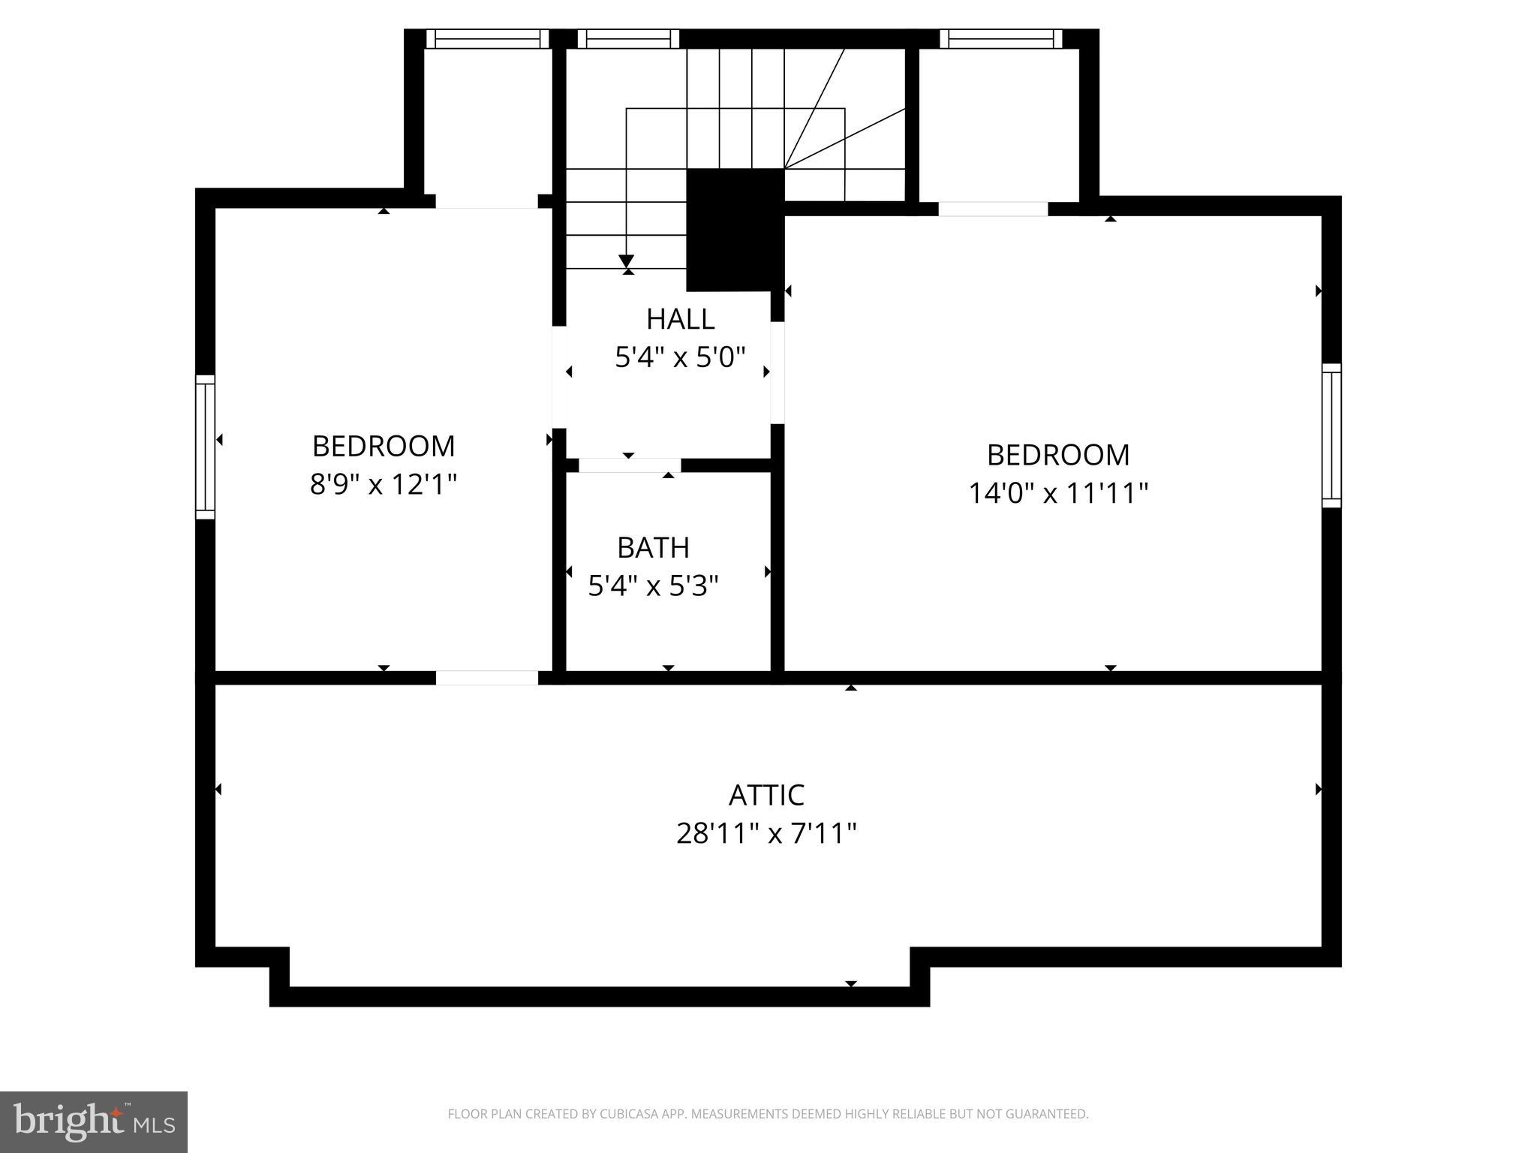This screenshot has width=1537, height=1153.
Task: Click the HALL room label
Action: pos(680,319)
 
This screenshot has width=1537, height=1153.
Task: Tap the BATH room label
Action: pos(653,548)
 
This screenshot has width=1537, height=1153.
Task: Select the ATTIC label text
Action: pos(766,795)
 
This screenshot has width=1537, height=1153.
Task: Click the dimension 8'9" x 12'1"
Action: pos(383,484)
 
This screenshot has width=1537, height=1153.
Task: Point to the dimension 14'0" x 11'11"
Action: pos(1058,493)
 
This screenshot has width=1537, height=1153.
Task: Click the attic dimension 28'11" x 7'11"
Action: pos(766,833)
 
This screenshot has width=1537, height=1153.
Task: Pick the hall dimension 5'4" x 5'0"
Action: pos(680,357)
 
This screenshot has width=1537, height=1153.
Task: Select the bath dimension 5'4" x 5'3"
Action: pos(653,586)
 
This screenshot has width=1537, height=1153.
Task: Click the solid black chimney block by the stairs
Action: pos(735,229)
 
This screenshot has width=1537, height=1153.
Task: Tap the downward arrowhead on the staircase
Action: pos(627,261)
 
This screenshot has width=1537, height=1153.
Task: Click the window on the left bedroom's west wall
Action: pos(205,447)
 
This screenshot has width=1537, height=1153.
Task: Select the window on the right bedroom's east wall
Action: pos(1331,435)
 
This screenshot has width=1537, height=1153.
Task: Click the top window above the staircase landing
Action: pos(628,38)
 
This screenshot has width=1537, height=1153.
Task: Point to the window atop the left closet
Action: pos(488,38)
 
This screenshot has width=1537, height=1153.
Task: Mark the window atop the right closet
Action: pos(1001,38)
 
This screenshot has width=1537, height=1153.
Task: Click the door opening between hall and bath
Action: pos(629,465)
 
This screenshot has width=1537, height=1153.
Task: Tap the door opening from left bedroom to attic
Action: pos(487,678)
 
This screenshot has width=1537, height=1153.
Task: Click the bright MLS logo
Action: pos(94,1121)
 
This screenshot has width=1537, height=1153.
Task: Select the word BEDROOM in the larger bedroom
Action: pos(1058,455)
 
